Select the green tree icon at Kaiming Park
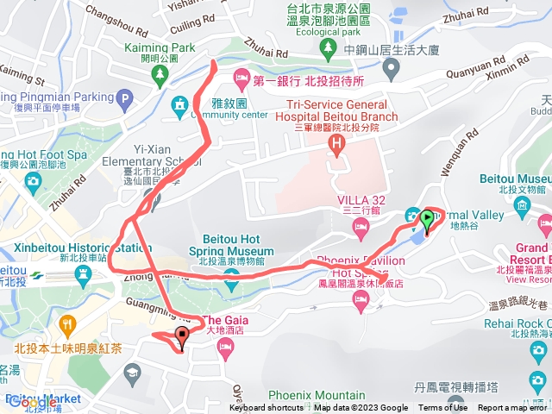[160, 76]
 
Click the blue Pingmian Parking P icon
[126, 99]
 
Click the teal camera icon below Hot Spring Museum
[231, 277]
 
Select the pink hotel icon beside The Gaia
[225, 348]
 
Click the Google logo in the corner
[32, 402]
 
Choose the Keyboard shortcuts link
[266, 408]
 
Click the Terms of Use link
[442, 408]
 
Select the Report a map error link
[513, 408]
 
